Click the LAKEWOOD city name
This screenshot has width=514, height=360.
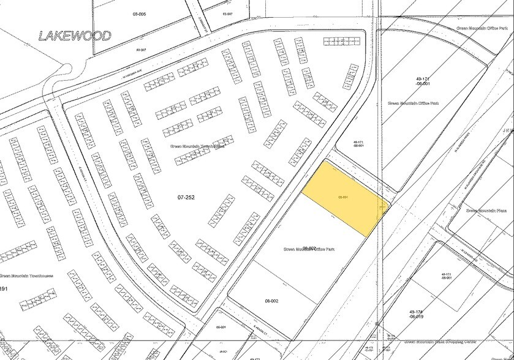pyautogui.click(x=75, y=36)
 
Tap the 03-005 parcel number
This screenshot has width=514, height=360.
pyautogui.click(x=139, y=13)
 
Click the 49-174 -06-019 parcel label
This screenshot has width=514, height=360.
pyautogui.click(x=415, y=313)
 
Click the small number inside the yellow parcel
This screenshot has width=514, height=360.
pyautogui.click(x=343, y=197)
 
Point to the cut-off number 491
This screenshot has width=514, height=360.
pyautogui.click(x=4, y=288)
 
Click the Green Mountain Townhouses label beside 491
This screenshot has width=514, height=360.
pyautogui.click(x=27, y=276)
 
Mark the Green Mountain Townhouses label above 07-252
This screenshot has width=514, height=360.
pyautogui.click(x=197, y=146)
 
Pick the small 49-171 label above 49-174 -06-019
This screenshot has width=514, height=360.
pyautogui.click(x=445, y=276)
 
